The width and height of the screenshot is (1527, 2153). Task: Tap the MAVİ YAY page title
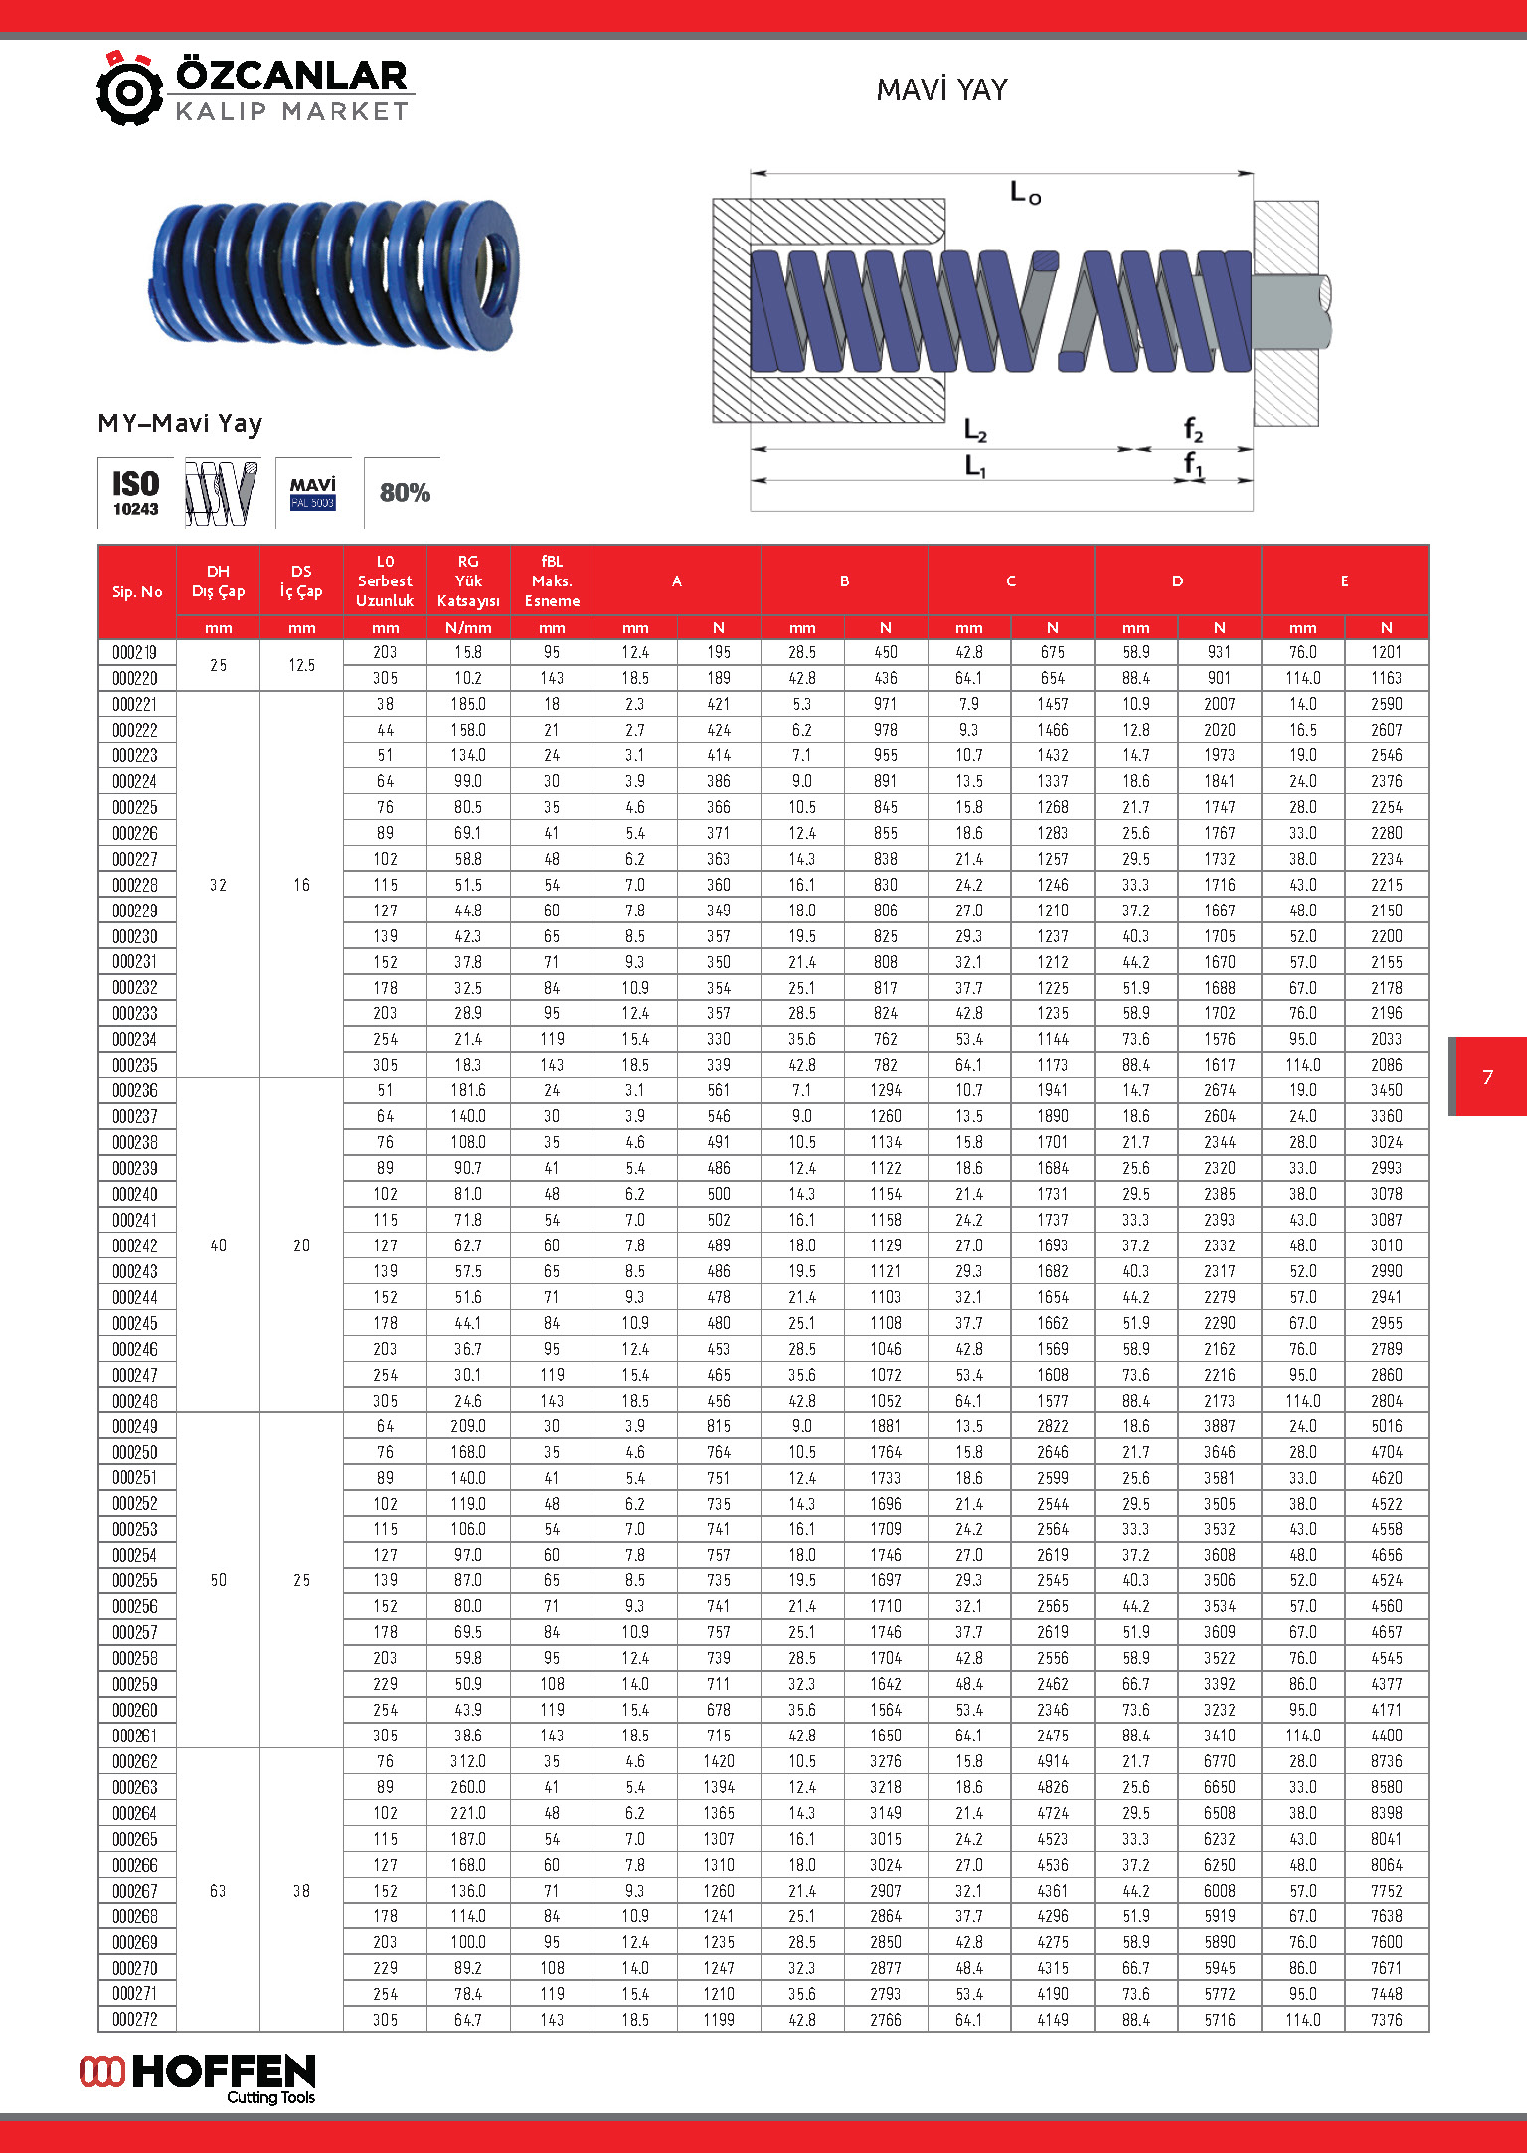point(941,90)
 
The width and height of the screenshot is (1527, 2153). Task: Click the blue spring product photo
point(334,274)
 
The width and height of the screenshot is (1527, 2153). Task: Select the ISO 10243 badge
point(135,493)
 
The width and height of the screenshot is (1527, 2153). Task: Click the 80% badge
point(405,493)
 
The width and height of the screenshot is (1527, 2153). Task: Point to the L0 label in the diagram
point(1025,192)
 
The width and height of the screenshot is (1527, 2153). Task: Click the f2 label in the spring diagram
point(1193,431)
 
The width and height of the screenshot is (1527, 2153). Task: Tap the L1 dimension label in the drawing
point(975,465)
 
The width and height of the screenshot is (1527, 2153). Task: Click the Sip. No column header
point(137,592)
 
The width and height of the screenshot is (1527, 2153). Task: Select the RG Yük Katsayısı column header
point(468,581)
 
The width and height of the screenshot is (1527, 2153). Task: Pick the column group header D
point(1177,581)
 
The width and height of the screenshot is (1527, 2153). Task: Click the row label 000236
point(135,1091)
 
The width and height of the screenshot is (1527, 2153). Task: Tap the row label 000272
point(135,2020)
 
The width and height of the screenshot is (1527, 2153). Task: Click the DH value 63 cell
point(218,1891)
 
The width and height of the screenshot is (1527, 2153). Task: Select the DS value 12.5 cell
point(301,665)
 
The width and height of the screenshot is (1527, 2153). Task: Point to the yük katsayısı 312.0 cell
point(468,1761)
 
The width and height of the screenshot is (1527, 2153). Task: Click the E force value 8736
point(1386,1761)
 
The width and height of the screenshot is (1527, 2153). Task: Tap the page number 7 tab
point(1488,1076)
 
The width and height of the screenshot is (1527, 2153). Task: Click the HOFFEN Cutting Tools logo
point(198,2078)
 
